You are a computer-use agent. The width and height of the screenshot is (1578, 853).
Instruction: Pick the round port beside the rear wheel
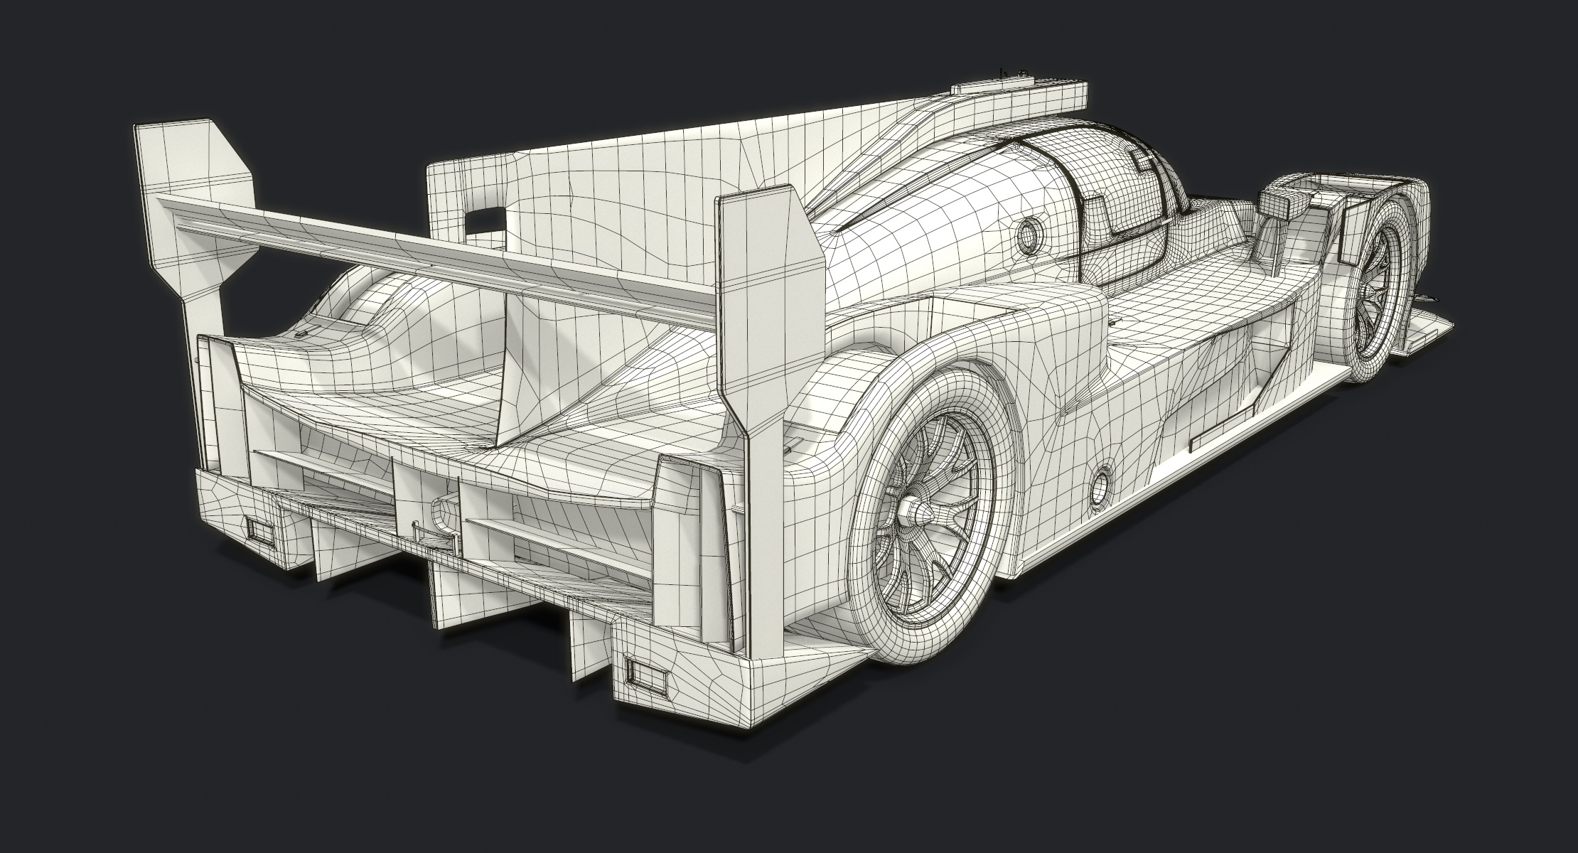[x=1101, y=485]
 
